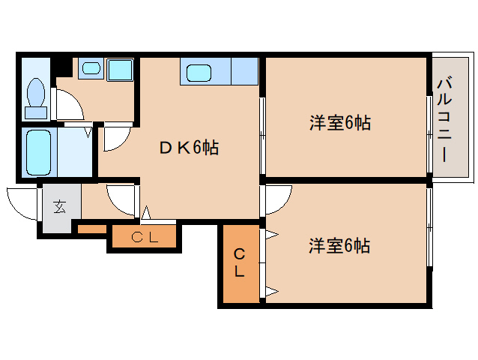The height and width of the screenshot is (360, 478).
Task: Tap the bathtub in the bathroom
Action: point(38,152)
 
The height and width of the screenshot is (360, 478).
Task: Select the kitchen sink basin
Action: point(199,73)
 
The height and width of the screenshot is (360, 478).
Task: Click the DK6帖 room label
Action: point(189,148)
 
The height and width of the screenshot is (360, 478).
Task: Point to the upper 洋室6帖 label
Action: point(340,123)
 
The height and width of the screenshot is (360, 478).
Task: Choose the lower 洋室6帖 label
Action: point(339,245)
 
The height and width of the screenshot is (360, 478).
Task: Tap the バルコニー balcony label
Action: point(444,119)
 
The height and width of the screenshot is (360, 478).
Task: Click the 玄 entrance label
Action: point(59,207)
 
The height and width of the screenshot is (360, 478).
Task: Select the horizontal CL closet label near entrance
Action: point(145,237)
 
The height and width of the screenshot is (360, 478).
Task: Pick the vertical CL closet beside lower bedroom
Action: point(240,262)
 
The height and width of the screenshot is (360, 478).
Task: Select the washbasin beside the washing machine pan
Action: point(91,68)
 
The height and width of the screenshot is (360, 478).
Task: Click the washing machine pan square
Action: point(120,70)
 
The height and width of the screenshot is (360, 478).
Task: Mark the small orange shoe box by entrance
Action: point(92,229)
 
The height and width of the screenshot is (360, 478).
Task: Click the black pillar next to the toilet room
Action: point(62,66)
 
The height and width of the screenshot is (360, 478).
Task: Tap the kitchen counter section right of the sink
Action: point(245,71)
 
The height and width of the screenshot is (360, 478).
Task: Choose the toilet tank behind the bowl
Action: point(36,113)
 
